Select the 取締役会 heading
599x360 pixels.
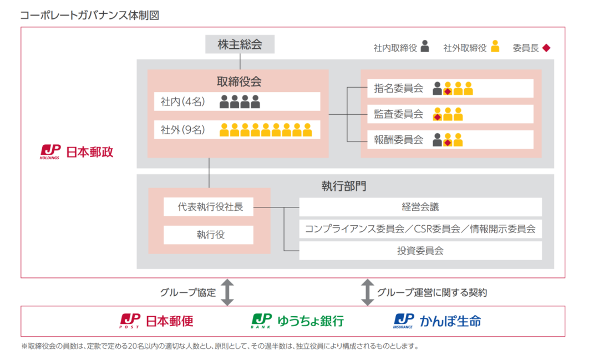(238, 82)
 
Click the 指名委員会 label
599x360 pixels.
(398, 88)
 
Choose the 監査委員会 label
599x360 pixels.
(398, 114)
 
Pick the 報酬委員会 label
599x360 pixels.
(398, 140)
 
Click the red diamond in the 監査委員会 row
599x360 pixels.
(438, 117)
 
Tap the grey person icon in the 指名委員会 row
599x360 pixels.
(438, 88)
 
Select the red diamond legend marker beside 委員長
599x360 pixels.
(546, 48)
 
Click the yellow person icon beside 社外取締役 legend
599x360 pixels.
(495, 47)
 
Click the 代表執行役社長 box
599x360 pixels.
(208, 207)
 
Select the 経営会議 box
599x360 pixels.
(420, 207)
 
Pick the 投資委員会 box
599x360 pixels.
(420, 250)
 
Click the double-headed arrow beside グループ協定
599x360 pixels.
(227, 292)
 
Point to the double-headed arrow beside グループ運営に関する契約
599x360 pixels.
(367, 292)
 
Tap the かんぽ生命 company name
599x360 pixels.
(450, 321)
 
